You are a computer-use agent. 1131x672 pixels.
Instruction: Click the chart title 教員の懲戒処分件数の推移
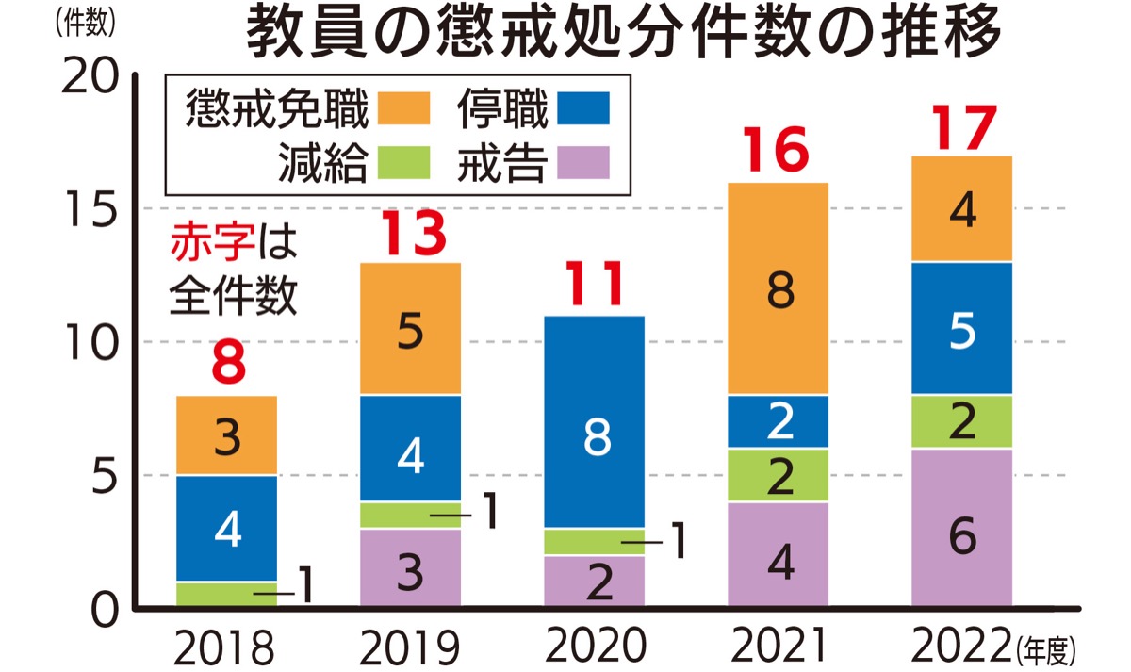[x=622, y=34]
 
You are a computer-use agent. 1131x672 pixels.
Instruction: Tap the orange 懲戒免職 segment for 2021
[x=779, y=288]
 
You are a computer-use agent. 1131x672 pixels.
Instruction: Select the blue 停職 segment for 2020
[x=595, y=421]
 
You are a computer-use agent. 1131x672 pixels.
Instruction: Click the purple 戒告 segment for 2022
[x=961, y=528]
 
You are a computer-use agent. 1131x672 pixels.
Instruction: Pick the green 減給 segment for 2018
[x=226, y=594]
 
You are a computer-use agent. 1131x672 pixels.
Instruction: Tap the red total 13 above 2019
[x=411, y=236]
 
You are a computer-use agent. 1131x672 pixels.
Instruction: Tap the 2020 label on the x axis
[x=597, y=647]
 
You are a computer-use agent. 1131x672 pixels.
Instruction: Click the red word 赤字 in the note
[x=211, y=242]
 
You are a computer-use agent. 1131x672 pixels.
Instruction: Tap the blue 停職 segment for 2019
[x=411, y=448]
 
